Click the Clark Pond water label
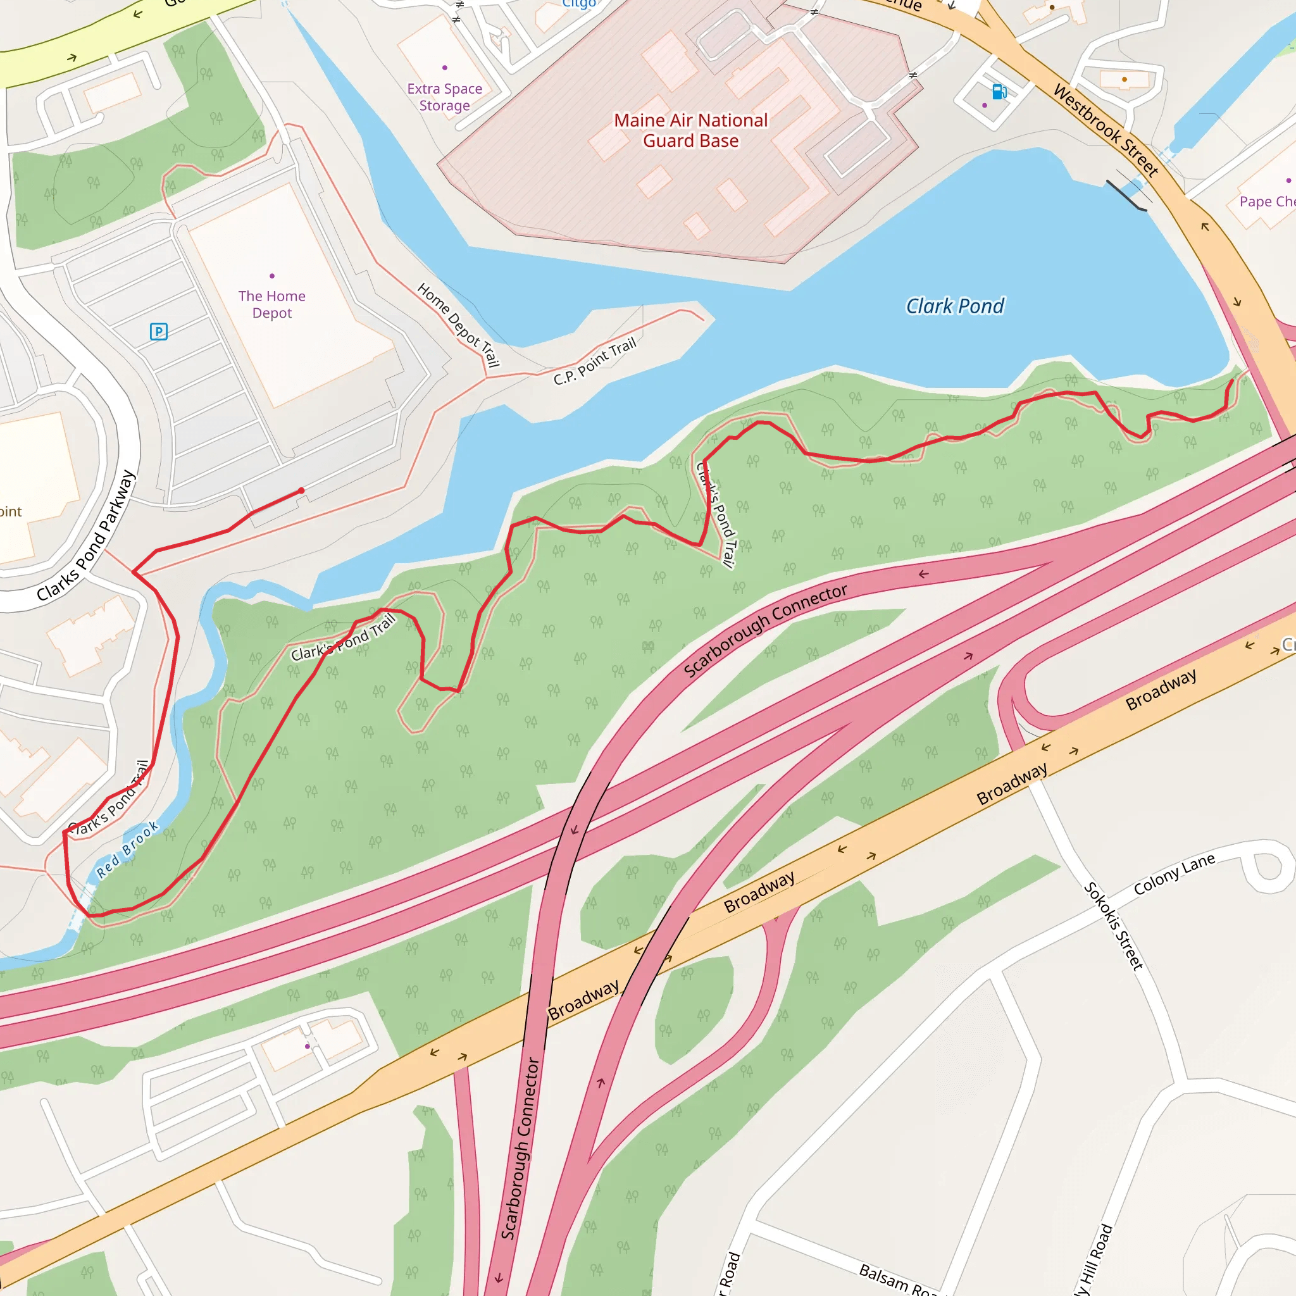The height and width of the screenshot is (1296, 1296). click(x=954, y=306)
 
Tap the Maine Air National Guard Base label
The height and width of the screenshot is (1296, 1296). click(x=691, y=131)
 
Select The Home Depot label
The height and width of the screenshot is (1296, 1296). click(x=271, y=304)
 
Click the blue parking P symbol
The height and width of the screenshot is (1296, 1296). click(x=158, y=332)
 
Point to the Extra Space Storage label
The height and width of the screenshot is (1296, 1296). click(x=445, y=97)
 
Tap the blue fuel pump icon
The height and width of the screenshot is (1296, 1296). click(x=999, y=91)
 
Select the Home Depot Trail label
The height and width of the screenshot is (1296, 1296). click(x=459, y=325)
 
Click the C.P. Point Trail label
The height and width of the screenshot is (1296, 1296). click(x=594, y=362)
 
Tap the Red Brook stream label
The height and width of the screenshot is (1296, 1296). click(x=127, y=850)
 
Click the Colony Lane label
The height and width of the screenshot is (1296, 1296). click(x=1174, y=874)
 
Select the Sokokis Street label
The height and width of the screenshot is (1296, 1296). click(x=1114, y=926)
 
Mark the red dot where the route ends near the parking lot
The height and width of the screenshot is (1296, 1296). click(x=302, y=491)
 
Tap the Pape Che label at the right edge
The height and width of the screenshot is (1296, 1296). click(x=1266, y=202)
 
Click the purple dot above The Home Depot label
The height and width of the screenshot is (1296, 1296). click(x=271, y=276)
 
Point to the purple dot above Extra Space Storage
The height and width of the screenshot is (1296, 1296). click(x=445, y=68)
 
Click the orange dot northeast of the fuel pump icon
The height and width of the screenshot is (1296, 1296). click(x=1125, y=80)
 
